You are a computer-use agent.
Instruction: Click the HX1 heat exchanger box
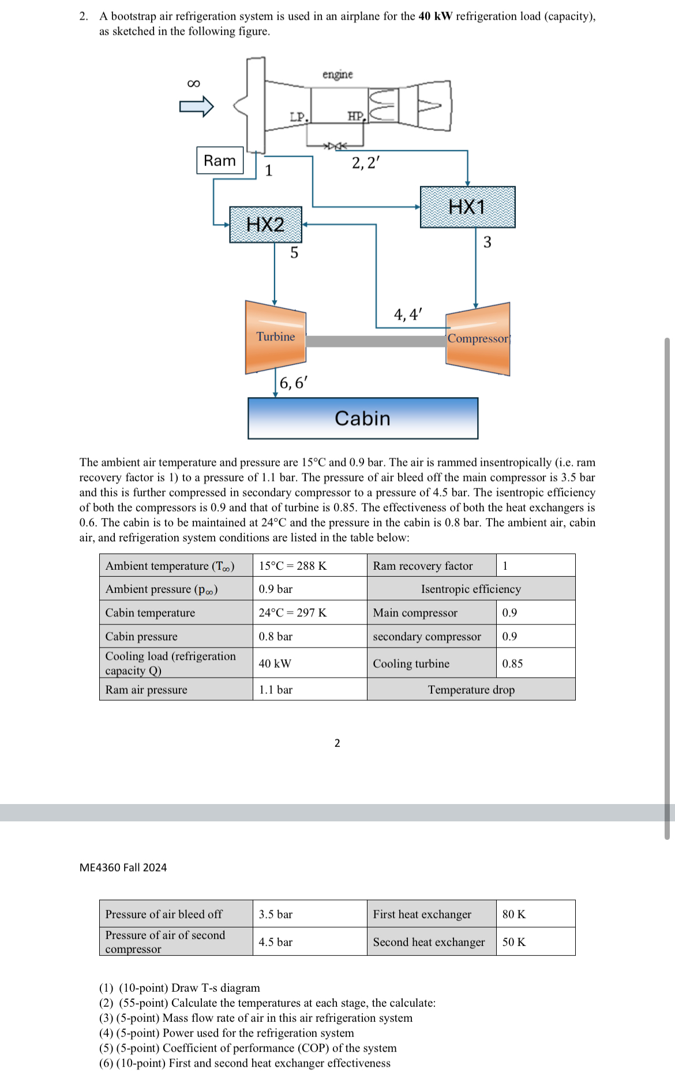coord(467,207)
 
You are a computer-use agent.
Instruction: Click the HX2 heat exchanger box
coord(265,224)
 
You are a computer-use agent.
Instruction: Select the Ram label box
coord(220,160)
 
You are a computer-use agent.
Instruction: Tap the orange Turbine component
coord(275,337)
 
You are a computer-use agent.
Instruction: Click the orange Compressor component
coord(478,339)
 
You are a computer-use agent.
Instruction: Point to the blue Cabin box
coord(362,418)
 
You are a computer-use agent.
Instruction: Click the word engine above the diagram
coord(337,74)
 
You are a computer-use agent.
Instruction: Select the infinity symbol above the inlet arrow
coord(194,84)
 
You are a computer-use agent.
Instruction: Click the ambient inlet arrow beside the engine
coord(196,106)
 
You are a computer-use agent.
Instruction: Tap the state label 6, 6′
coord(293,383)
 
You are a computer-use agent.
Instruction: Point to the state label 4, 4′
coord(408,315)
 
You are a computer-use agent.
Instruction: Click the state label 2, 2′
coord(366,163)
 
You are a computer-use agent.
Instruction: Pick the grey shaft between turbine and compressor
coord(376,341)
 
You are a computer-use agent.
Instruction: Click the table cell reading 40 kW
coord(275,663)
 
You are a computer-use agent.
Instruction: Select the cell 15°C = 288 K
coord(292,566)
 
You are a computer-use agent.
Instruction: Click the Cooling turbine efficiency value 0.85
coord(512,663)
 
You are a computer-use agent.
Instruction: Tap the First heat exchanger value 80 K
coord(513,914)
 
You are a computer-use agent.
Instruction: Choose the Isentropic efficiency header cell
coord(471,589)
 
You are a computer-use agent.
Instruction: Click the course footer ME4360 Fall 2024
coord(123,868)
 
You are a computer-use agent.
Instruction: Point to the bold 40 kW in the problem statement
coord(436,16)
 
